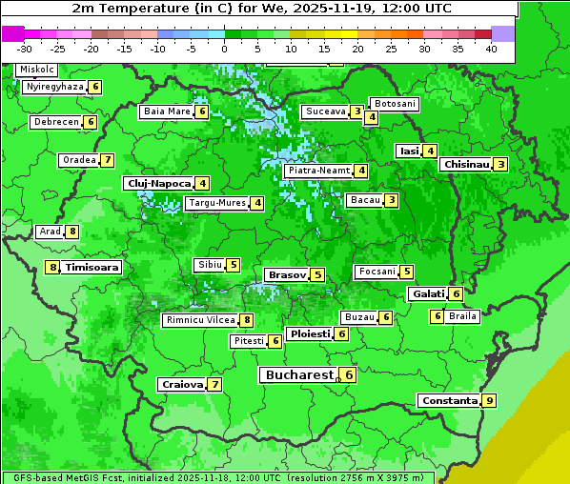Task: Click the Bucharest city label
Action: [297, 375]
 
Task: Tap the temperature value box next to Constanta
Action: [490, 400]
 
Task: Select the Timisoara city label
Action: [92, 268]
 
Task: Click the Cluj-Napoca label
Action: [157, 183]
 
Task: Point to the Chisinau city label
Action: [466, 164]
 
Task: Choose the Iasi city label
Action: [409, 151]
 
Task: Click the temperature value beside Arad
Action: [72, 232]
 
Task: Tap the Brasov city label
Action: [287, 274]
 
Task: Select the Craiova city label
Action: [182, 384]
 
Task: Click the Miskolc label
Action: [37, 70]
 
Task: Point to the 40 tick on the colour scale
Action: [491, 48]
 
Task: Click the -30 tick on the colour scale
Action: [25, 48]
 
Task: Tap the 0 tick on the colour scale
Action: [225, 48]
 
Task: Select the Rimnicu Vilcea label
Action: [199, 320]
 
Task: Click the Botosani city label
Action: [394, 103]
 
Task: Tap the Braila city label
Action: [462, 316]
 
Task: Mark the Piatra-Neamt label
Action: [319, 171]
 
